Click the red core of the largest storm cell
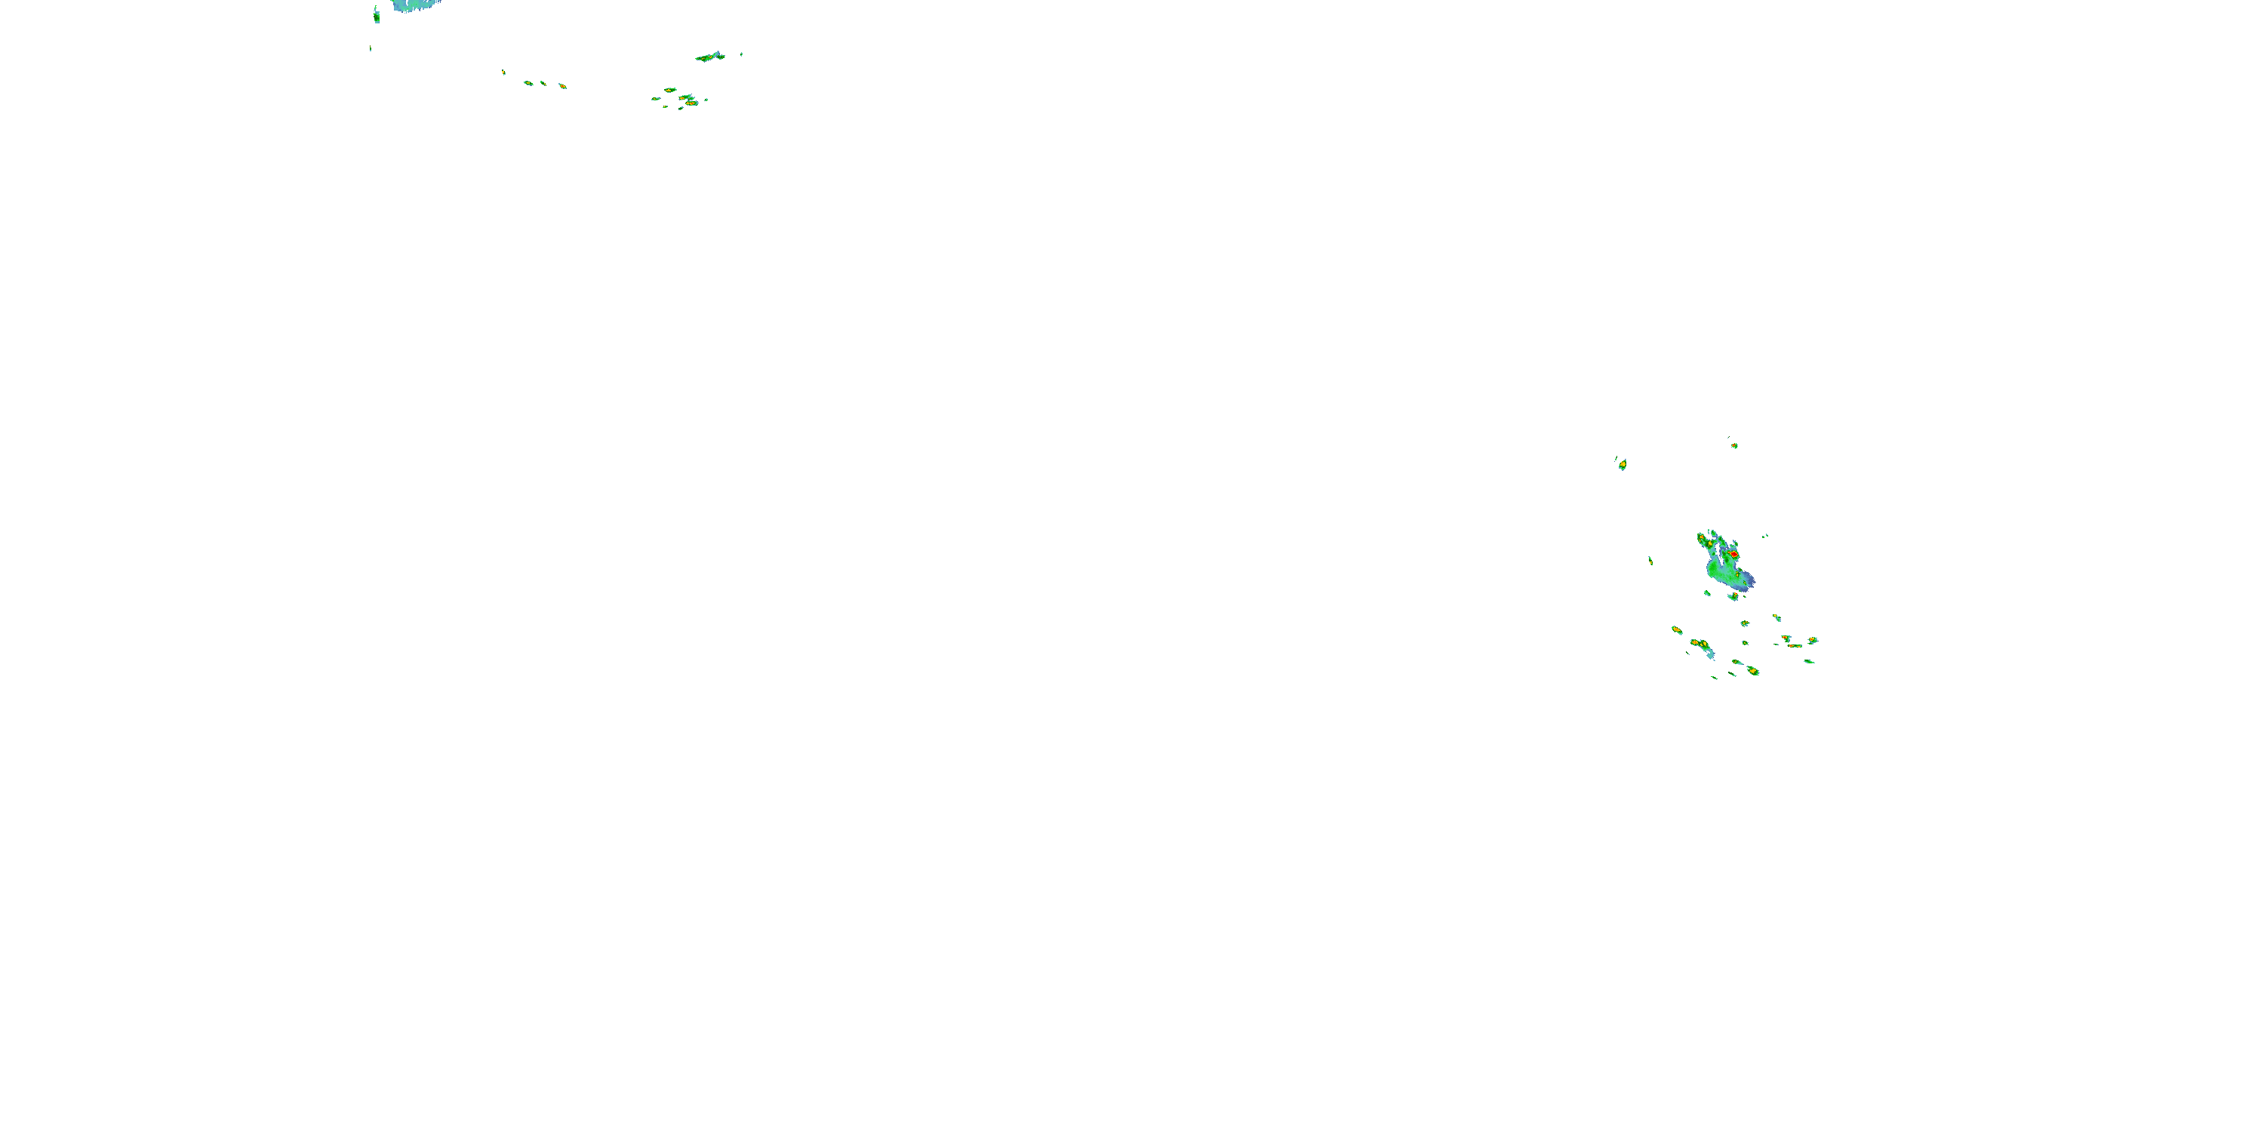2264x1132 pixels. [1734, 555]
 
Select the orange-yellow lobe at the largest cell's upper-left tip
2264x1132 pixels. [1702, 537]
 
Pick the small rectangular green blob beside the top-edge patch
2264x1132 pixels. [376, 15]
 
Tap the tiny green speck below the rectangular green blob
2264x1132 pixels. [370, 48]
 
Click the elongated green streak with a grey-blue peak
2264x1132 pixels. [710, 57]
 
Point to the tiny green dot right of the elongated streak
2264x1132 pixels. [741, 54]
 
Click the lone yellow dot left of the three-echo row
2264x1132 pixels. [503, 72]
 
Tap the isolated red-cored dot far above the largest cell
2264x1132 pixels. [1734, 445]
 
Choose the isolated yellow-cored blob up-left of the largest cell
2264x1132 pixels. [1622, 464]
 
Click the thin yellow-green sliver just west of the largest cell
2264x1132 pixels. [1650, 560]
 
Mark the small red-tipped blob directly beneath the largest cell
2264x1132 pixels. [1733, 597]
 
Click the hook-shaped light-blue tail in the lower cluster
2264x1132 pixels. [1709, 653]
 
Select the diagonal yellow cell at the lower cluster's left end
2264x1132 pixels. [1676, 629]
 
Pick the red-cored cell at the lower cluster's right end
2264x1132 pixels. [1812, 641]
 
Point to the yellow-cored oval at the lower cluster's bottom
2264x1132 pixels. [1752, 671]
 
